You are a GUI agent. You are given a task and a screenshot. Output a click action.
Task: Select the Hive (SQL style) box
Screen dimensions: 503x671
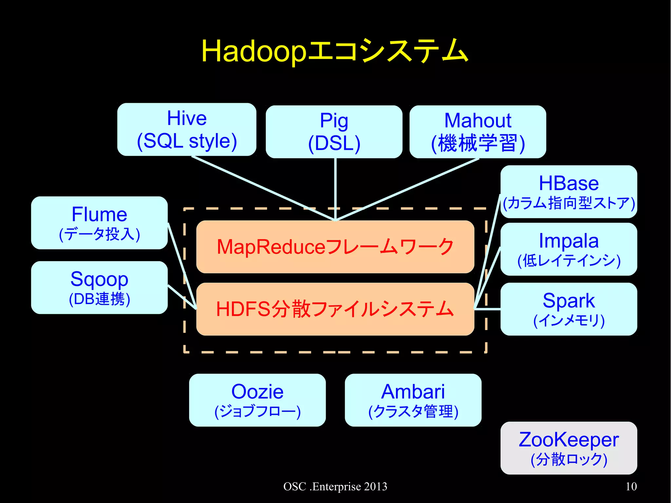(187, 129)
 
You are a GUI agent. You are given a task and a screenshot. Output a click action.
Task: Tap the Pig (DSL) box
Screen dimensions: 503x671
(334, 132)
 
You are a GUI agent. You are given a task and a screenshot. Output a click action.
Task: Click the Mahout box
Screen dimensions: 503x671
(478, 132)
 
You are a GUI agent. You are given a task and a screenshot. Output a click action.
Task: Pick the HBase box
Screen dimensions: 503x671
(569, 192)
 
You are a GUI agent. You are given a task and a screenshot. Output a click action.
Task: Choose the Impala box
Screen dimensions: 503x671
(569, 249)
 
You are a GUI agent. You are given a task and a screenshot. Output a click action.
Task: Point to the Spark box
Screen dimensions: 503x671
(569, 309)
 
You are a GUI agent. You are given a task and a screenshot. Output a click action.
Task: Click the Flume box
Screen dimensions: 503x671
(99, 223)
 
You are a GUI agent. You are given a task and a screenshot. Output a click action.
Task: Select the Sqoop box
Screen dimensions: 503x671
(99, 287)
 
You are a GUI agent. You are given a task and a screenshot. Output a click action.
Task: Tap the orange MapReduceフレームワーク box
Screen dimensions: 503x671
(335, 247)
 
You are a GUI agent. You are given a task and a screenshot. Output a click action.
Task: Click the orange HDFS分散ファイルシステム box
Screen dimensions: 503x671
(335, 309)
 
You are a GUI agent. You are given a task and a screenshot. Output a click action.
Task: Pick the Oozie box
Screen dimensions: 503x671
(257, 400)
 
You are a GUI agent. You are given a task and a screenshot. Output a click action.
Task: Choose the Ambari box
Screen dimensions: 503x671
(413, 400)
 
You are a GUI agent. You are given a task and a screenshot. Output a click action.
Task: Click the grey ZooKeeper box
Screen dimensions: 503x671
(569, 448)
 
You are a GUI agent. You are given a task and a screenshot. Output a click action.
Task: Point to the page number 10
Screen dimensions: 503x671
(631, 486)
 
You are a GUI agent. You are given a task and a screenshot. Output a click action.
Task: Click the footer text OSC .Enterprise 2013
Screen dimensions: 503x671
(335, 486)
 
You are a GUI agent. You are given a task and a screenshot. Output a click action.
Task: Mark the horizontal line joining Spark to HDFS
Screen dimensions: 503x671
(488, 309)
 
